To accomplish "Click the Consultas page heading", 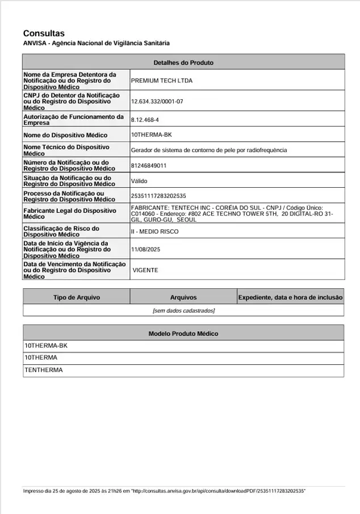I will (44, 33).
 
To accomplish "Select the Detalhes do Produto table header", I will (183, 62).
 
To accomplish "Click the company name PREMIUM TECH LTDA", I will (162, 81).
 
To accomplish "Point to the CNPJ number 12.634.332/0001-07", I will (157, 101).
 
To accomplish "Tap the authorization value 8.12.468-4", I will (145, 120).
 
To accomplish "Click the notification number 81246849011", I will (149, 166).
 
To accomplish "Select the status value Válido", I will (139, 181).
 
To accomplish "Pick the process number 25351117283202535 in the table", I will (158, 196).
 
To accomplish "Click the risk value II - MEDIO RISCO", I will (154, 231).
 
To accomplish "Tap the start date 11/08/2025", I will (146, 249).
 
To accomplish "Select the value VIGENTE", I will (145, 270).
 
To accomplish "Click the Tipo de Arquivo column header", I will (77, 297).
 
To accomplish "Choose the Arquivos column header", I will (183, 297).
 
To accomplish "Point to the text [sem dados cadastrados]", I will (183, 310).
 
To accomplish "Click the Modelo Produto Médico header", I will (183, 334).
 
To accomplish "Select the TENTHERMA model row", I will (44, 370).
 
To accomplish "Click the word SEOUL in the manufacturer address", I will (187, 220).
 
